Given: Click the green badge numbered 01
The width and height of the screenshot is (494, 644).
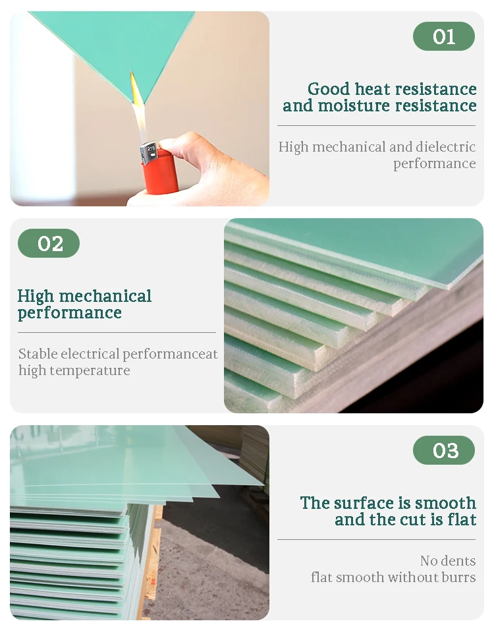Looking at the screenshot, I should click(x=443, y=36).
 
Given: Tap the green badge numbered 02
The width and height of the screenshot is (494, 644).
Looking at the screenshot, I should click(x=49, y=243).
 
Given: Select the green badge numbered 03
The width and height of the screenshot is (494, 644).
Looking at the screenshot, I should click(x=443, y=450).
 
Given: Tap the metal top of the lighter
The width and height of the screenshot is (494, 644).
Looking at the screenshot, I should click(x=149, y=155).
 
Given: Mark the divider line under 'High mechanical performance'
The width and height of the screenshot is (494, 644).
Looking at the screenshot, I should click(x=117, y=332).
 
